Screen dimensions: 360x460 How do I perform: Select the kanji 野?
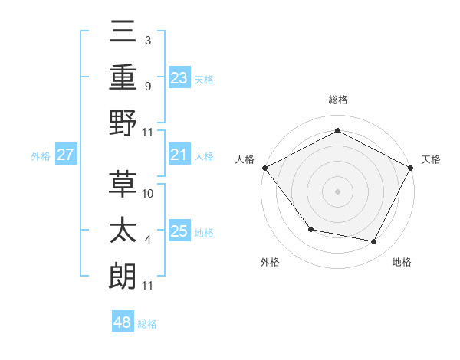pos(124,123)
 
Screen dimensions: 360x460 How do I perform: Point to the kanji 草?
pos(124,183)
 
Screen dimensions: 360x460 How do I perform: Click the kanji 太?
pos(124,230)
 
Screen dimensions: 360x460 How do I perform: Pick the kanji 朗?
pos(124,276)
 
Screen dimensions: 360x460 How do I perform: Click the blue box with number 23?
pos(179,77)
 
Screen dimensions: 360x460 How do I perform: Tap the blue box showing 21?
pos(179,155)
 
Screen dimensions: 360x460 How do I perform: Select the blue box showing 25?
pos(179,231)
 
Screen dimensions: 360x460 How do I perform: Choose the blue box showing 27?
pos(66,155)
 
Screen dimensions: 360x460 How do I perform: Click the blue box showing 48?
pos(123,322)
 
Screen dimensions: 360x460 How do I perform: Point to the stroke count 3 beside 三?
pos(148,40)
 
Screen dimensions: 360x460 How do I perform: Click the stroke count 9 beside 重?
pos(148,86)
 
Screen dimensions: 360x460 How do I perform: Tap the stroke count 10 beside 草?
pos(149,193)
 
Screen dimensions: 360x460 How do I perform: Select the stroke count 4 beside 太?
pos(148,240)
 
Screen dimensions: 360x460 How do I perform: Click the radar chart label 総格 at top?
pos(337,100)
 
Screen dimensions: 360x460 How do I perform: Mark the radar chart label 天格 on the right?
pos(432,159)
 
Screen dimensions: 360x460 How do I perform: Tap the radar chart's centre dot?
pos(337,191)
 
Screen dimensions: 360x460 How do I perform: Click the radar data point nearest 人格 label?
pos(264,168)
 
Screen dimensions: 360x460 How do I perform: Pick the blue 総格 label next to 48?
pos(147,324)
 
